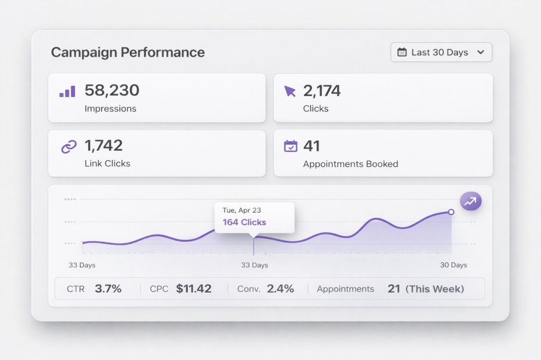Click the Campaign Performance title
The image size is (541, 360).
[128, 52]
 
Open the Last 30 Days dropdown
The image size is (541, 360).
[441, 52]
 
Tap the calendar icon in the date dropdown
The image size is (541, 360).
[402, 52]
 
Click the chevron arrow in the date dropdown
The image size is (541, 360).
[480, 52]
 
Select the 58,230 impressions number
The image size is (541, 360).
[112, 91]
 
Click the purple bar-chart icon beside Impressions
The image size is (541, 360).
[67, 92]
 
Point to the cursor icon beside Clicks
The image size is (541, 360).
[290, 91]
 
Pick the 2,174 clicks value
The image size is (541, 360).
[322, 91]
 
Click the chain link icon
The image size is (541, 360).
[68, 147]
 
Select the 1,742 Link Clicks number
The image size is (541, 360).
[104, 145]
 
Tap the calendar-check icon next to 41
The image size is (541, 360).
[290, 146]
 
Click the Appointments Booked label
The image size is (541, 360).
[350, 164]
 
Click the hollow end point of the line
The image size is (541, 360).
[451, 212]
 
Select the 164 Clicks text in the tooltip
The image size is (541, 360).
[244, 222]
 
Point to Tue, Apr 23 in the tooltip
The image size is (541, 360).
[242, 210]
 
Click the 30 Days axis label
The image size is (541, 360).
[453, 265]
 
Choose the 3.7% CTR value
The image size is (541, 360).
[108, 289]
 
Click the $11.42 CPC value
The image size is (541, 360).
[194, 289]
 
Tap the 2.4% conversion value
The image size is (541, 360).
[280, 289]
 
